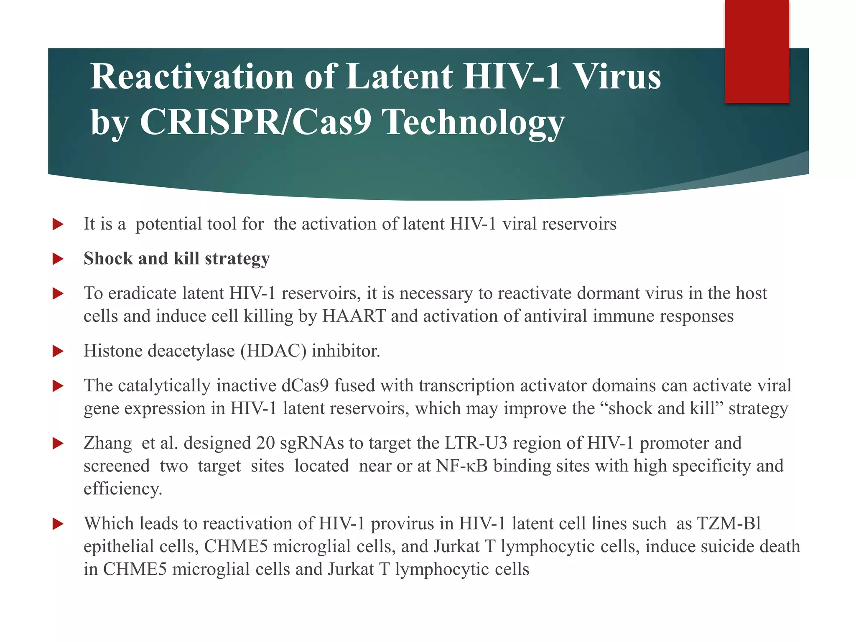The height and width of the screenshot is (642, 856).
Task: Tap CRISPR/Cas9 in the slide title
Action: tap(255, 122)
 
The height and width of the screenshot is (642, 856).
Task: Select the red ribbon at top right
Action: tap(757, 51)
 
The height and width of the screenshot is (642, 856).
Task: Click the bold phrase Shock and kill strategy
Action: tap(176, 259)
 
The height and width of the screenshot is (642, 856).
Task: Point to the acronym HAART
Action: tap(354, 316)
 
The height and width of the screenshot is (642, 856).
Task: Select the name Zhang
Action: tap(107, 443)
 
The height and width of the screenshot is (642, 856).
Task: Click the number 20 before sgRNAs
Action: tap(265, 443)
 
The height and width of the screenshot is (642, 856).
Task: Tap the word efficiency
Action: tap(122, 489)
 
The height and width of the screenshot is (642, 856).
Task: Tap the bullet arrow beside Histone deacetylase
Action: tap(58, 351)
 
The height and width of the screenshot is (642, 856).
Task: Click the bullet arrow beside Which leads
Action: tap(58, 524)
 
